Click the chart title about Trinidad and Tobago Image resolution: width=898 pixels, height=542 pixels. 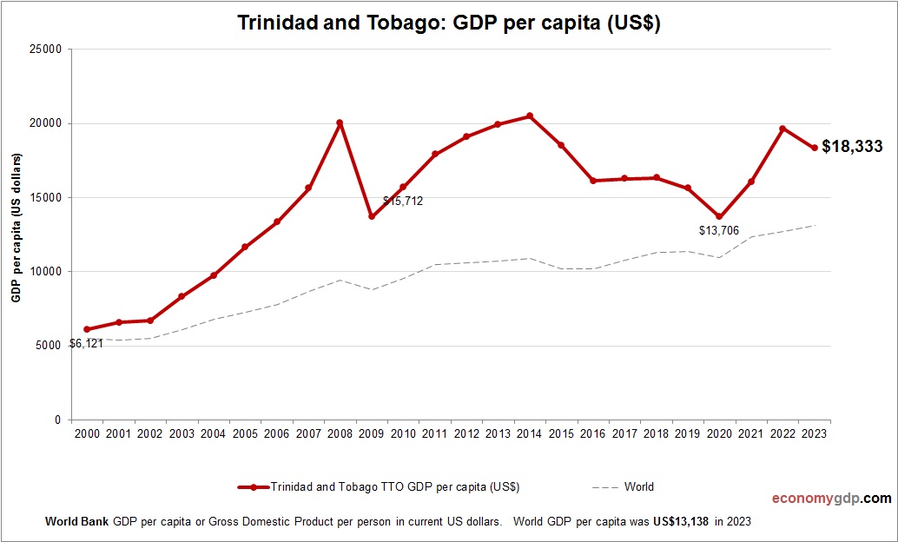[449, 23]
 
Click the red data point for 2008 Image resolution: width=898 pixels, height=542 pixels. [340, 122]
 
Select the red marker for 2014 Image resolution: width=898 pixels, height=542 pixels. [530, 116]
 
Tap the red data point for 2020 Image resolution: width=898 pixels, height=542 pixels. [719, 216]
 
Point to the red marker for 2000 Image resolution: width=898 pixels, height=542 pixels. [87, 329]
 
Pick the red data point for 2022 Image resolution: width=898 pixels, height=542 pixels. [782, 129]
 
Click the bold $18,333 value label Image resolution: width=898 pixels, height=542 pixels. [851, 147]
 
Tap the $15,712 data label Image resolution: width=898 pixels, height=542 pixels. [403, 202]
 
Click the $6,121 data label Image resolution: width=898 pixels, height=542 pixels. [86, 344]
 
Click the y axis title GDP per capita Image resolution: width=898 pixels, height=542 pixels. [16, 228]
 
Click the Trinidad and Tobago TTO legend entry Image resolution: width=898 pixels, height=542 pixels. [394, 487]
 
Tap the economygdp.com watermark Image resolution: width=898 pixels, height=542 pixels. [831, 499]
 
